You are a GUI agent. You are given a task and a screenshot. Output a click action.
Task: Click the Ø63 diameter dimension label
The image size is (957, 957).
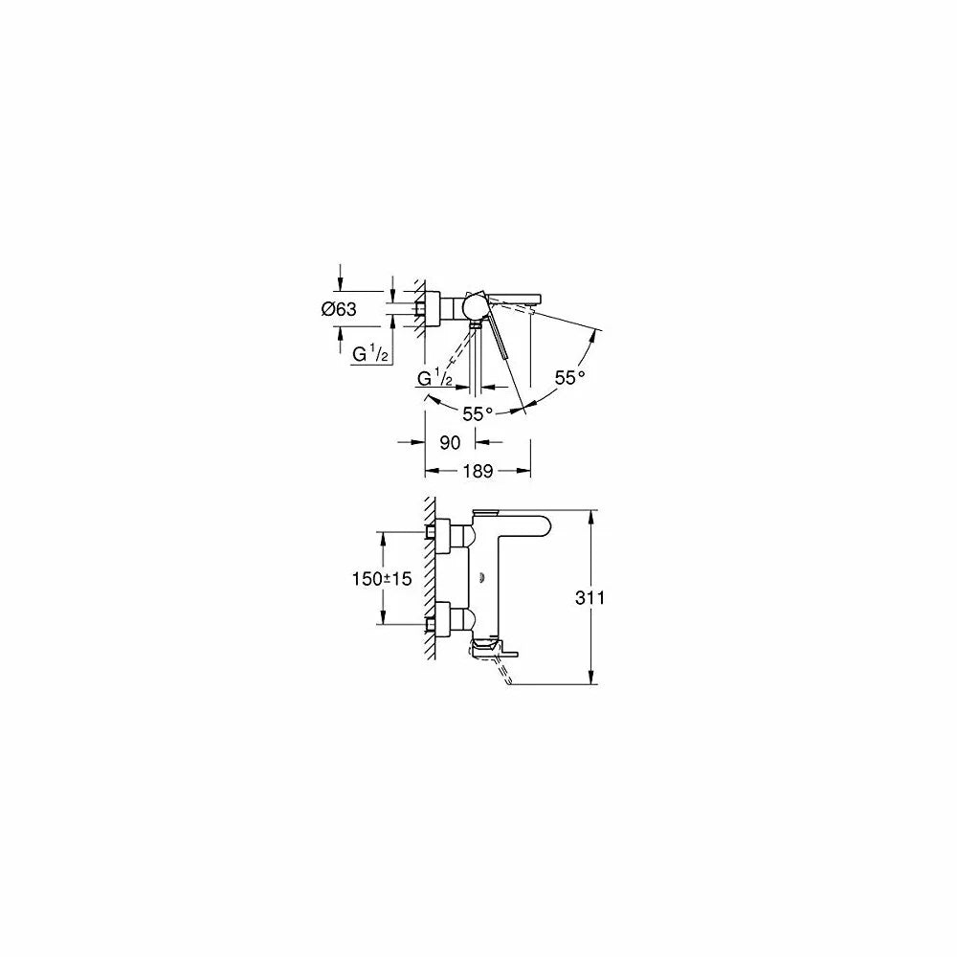click(339, 309)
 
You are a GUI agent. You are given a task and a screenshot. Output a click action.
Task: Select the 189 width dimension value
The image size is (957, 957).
click(478, 471)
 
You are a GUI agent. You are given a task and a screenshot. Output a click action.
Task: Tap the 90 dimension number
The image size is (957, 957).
click(450, 442)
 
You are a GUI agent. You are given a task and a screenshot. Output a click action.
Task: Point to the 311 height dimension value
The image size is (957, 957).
click(590, 597)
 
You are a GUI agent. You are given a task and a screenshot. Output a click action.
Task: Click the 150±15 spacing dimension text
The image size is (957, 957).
click(382, 578)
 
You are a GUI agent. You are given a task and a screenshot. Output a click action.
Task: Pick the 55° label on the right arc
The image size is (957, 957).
click(569, 377)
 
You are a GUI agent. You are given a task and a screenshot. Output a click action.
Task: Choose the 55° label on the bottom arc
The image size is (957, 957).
click(478, 413)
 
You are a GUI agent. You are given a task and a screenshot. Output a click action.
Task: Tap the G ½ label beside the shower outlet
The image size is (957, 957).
click(434, 378)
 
